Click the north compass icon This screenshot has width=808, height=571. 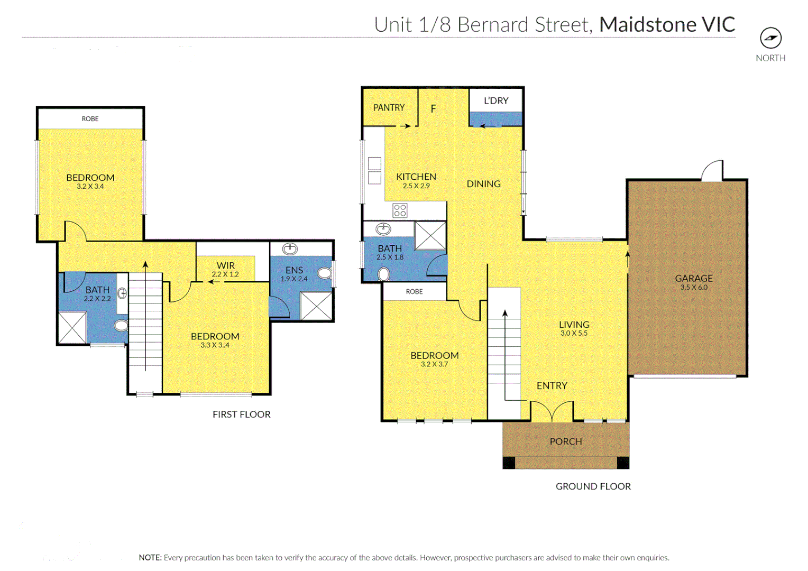[x=770, y=38]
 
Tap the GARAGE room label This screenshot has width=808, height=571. [x=693, y=278]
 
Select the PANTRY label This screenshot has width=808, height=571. [x=389, y=107]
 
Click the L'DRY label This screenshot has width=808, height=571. [x=495, y=100]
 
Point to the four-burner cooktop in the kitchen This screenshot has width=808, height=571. [x=400, y=210]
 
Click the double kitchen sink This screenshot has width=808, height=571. [x=374, y=170]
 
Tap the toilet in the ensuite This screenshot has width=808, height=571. [x=325, y=273]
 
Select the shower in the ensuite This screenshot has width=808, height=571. [x=316, y=306]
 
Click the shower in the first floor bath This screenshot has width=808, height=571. [x=72, y=328]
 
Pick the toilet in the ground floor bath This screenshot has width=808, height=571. [x=384, y=274]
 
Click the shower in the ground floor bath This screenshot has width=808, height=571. [x=430, y=235]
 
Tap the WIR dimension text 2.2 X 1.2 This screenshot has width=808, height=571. [x=225, y=274]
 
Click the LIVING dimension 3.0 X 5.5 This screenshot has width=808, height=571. [x=574, y=333]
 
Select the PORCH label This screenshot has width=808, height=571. [x=565, y=441]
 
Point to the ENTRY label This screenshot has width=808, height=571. [x=552, y=386]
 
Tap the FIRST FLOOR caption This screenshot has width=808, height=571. [x=241, y=415]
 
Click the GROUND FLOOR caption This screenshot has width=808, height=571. [x=593, y=486]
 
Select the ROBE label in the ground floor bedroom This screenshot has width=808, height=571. [x=414, y=291]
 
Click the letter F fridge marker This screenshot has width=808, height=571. [x=433, y=109]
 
